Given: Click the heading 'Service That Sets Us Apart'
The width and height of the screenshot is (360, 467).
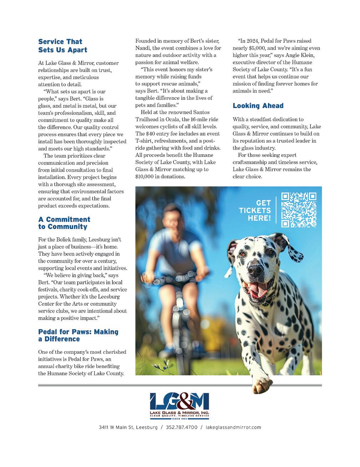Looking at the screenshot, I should (x=62, y=46).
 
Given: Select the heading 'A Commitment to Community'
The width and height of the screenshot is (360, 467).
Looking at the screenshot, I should (x=64, y=223).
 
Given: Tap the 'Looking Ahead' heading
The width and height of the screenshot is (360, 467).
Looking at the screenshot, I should (x=258, y=106).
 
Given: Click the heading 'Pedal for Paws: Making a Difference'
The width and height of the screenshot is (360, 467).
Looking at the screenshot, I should (x=78, y=335).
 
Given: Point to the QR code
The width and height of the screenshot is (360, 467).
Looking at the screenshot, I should (x=299, y=210).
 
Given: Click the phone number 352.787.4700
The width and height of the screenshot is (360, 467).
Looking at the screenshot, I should (x=182, y=427).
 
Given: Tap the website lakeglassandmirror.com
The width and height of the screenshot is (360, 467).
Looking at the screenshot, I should (x=233, y=427).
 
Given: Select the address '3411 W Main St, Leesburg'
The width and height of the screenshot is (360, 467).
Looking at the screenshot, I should (x=128, y=427).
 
